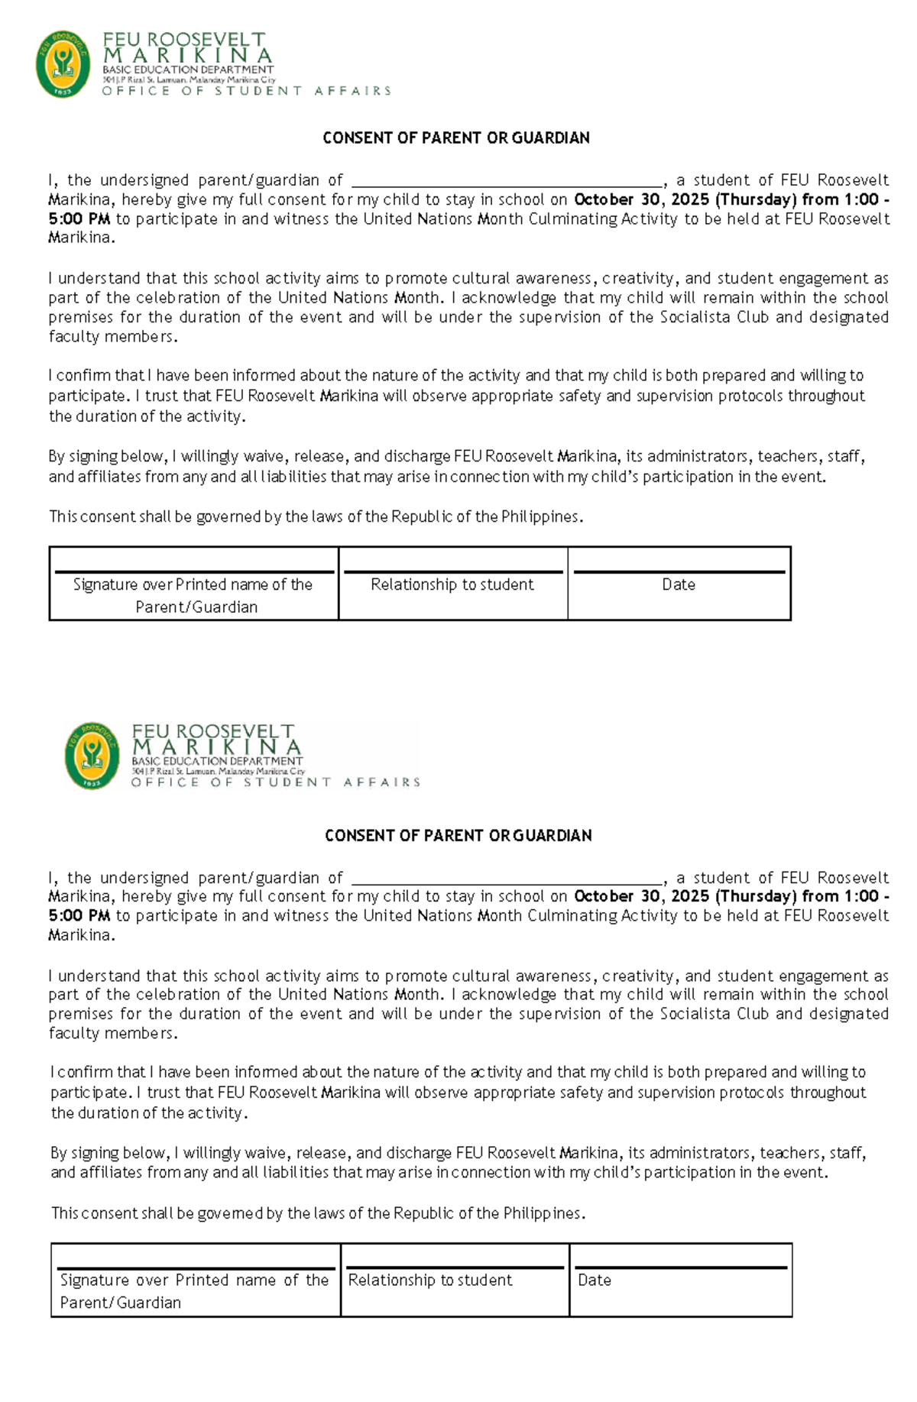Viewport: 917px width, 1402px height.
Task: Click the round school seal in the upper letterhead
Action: [x=63, y=64]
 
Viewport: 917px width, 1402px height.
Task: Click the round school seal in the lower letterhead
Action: [x=92, y=756]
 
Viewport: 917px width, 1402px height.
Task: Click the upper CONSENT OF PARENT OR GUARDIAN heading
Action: [x=455, y=138]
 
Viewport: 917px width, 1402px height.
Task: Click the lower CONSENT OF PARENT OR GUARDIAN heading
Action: [x=458, y=836]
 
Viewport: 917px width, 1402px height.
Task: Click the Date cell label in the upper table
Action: [x=678, y=584]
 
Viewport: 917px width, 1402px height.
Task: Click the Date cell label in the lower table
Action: [x=595, y=1280]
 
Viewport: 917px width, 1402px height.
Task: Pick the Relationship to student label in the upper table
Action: [x=452, y=584]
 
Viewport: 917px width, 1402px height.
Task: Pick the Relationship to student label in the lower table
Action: [x=430, y=1280]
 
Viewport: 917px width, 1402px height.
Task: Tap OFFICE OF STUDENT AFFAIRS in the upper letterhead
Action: [x=247, y=91]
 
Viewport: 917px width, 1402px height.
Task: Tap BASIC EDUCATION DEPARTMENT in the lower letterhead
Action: [x=217, y=761]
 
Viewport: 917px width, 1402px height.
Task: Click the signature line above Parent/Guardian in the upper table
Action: [x=194, y=571]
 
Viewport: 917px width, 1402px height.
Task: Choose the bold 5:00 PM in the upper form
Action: [x=79, y=219]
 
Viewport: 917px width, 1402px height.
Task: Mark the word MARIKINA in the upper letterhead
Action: [x=188, y=56]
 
